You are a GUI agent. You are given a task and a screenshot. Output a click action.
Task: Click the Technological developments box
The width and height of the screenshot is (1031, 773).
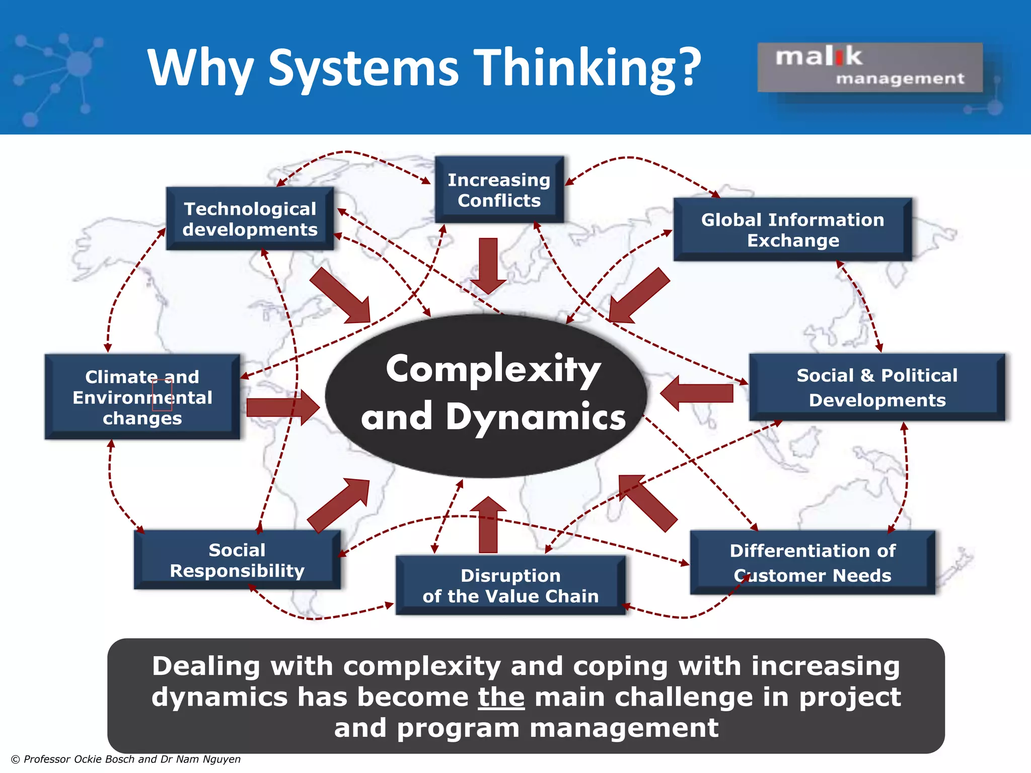(250, 219)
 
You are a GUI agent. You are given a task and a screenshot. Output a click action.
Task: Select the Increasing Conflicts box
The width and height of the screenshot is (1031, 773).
(499, 190)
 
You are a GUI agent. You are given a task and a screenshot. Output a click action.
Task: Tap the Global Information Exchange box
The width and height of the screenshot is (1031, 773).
(792, 229)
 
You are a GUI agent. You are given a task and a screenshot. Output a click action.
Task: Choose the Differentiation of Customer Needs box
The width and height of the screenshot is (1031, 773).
(812, 563)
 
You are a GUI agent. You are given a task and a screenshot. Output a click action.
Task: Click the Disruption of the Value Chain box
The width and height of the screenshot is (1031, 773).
(510, 585)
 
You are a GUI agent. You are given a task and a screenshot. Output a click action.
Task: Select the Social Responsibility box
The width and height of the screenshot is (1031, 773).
(237, 560)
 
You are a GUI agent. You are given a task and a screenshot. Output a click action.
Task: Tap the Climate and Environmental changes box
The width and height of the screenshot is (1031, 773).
(142, 397)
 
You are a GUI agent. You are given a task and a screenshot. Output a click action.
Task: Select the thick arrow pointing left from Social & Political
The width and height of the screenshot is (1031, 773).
(697, 393)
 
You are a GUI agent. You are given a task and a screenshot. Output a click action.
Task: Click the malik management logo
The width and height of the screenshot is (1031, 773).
(870, 67)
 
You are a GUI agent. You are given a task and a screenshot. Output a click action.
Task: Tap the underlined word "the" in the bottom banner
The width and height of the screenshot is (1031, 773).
(501, 697)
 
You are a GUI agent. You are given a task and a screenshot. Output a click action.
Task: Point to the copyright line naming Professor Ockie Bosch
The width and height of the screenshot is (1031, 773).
(126, 759)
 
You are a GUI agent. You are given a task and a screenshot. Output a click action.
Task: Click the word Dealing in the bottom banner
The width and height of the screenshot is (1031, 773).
(206, 666)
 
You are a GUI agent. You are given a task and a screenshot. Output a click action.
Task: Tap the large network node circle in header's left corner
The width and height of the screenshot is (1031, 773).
(79, 64)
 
